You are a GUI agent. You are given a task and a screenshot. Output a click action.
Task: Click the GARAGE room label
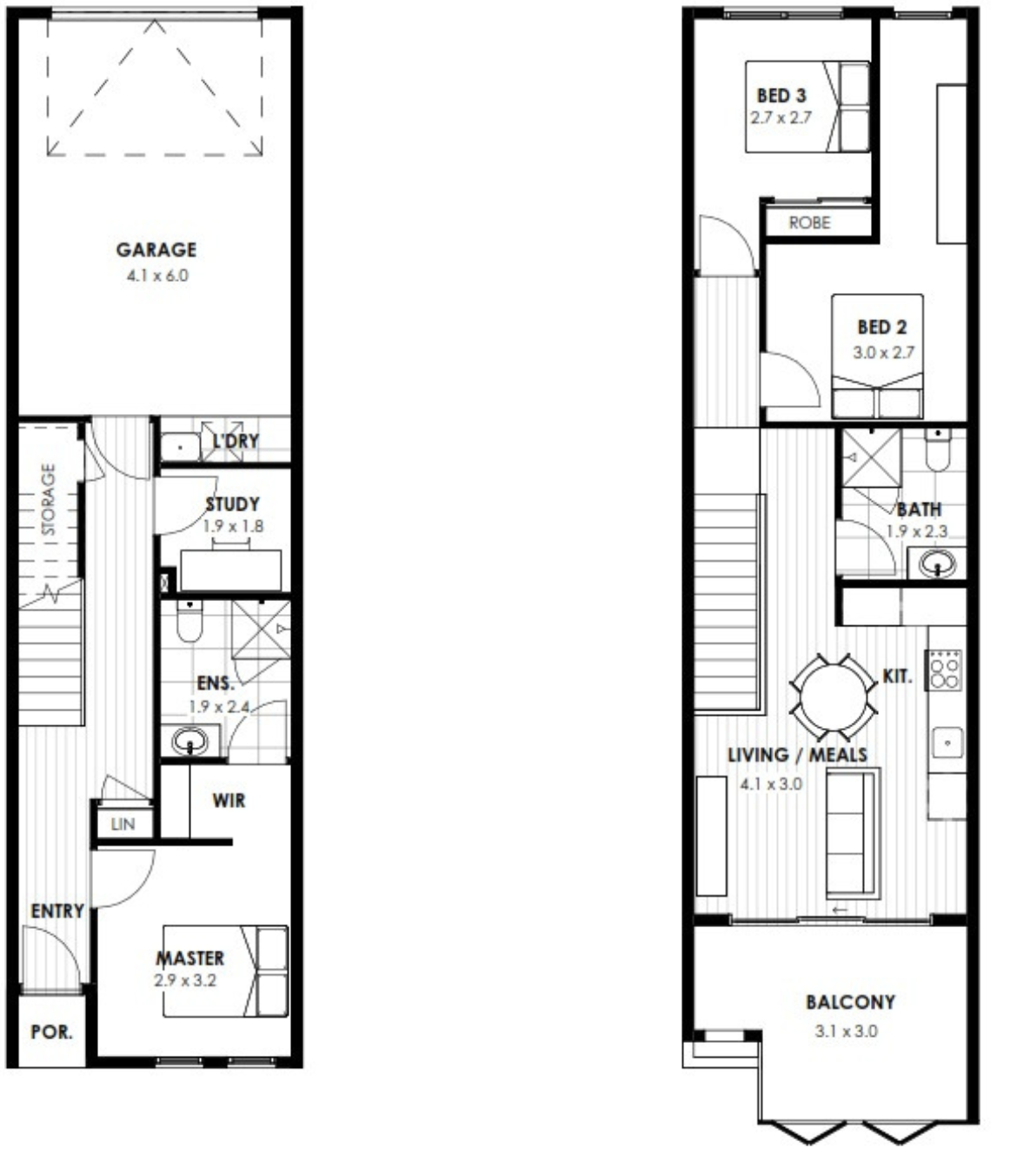156,250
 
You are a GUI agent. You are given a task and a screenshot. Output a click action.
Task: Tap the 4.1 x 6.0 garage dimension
157,276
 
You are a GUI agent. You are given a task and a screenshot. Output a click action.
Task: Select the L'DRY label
236,441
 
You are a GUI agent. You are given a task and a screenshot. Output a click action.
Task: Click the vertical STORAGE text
49,499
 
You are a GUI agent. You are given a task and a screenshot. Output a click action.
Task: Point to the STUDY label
232,504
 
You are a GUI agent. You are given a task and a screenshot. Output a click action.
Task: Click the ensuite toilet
189,621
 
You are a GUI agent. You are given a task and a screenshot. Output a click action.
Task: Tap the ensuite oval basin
189,741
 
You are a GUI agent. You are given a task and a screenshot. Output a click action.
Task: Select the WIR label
229,800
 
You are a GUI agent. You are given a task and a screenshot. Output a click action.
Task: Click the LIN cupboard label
123,825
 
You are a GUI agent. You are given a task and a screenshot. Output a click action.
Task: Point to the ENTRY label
57,911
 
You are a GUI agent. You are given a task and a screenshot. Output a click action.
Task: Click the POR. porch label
51,1032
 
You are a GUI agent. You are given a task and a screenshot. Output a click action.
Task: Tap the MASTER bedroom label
190,958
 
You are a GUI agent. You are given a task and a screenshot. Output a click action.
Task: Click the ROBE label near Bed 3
810,223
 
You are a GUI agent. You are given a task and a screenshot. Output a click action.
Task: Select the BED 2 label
882,327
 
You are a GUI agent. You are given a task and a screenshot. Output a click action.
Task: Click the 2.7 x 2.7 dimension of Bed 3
781,118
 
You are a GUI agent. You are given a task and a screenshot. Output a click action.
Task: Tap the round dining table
834,698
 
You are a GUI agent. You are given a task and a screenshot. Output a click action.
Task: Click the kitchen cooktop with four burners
943,670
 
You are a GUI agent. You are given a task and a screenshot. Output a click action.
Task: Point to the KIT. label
897,676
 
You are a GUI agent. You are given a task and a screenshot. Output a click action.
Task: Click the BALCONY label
850,1002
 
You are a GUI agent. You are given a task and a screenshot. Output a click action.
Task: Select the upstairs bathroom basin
937,564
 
